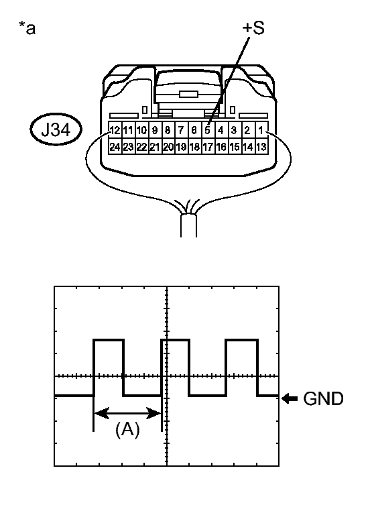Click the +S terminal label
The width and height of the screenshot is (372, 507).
coord(253,27)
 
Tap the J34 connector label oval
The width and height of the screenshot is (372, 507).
coord(56,129)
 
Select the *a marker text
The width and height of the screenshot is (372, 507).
coord(27,27)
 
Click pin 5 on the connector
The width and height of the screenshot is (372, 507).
coord(208,130)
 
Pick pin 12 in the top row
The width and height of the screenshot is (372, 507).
coord(115,130)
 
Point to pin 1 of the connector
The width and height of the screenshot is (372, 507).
coord(261,130)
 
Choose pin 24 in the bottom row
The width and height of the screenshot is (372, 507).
coord(115,146)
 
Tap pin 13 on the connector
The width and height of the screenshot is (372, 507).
coord(261,146)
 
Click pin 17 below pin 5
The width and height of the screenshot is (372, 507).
coord(208,146)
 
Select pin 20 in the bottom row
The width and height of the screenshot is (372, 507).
coord(168,146)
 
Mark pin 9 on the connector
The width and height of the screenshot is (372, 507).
coord(155,130)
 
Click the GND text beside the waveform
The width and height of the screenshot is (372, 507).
coord(323,398)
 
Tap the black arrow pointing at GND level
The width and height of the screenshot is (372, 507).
coord(290,398)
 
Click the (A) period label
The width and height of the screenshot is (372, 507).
coord(127,429)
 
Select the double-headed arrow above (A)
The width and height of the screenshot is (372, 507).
coord(127,413)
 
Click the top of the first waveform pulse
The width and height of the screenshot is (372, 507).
coord(109,340)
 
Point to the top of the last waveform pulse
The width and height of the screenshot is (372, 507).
coord(242,340)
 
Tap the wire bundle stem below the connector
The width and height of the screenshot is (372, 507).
coord(188,226)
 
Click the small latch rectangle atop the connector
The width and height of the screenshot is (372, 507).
coord(188,94)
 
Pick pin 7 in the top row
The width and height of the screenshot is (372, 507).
coord(181,130)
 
